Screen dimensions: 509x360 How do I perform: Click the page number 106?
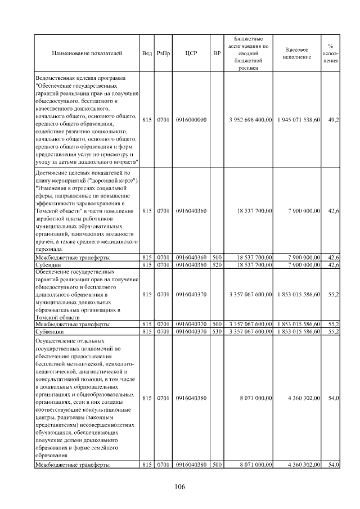pyautogui.click(x=180, y=487)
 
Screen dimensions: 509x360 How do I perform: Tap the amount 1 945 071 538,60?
pyautogui.click(x=299, y=120)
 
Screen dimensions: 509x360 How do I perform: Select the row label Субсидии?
pyautogui.click(x=48, y=264)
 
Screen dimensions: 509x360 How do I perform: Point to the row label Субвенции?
pyautogui.click(x=49, y=331)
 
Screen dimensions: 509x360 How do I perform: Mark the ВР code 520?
pyautogui.click(x=217, y=264)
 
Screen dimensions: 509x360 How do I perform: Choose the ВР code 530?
pyautogui.click(x=217, y=331)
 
